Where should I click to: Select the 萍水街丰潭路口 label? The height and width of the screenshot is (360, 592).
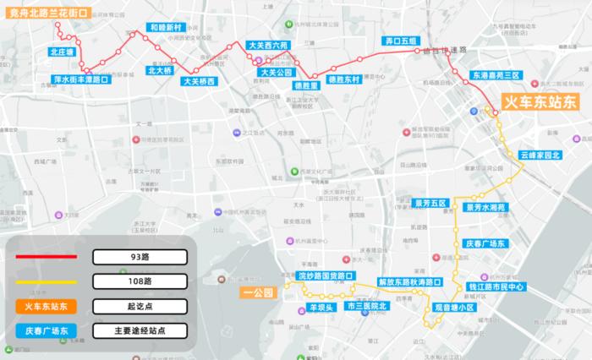pyautogui.click(x=81, y=80)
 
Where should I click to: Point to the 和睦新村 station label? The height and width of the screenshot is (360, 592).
pyautogui.click(x=165, y=27)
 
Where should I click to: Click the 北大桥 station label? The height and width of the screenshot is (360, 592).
pyautogui.click(x=160, y=71)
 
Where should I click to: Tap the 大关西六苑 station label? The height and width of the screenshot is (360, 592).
pyautogui.click(x=268, y=45)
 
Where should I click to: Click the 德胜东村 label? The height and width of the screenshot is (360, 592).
pyautogui.click(x=344, y=79)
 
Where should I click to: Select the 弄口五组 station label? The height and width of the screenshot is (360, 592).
pyautogui.click(x=402, y=41)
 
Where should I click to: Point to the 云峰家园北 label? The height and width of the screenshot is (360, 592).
pyautogui.click(x=540, y=155)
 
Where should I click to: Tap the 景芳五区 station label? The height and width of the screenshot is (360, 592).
pyautogui.click(x=430, y=203)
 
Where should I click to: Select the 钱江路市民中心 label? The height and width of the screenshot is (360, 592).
pyautogui.click(x=521, y=287)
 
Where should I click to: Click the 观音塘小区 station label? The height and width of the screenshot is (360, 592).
pyautogui.click(x=454, y=308)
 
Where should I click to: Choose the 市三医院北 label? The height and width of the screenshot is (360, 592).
pyautogui.click(x=366, y=306)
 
